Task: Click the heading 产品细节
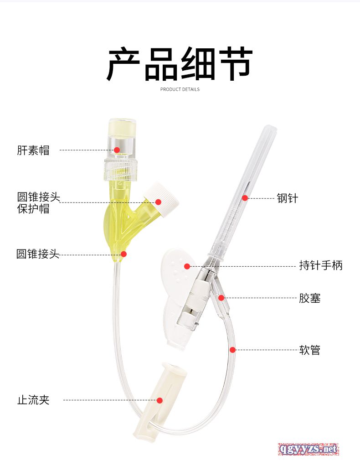(x=179, y=64)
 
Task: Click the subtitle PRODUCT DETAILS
(x=180, y=89)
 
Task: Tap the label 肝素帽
(x=33, y=150)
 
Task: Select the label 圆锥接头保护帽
(x=38, y=202)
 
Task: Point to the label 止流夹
(x=33, y=400)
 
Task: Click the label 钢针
(x=288, y=198)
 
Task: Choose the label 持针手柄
(x=321, y=265)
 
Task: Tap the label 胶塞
(x=310, y=298)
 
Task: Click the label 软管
(x=310, y=350)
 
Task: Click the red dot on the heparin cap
(x=117, y=150)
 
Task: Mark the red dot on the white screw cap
(x=158, y=202)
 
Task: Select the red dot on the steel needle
(x=245, y=198)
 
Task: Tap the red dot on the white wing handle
(x=187, y=266)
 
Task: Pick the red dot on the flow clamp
(x=159, y=400)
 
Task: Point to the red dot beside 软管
(x=232, y=350)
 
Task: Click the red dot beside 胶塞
(x=221, y=298)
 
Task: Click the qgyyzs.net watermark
(x=308, y=449)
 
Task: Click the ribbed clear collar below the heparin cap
(x=120, y=170)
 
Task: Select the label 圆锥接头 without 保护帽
(x=38, y=254)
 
